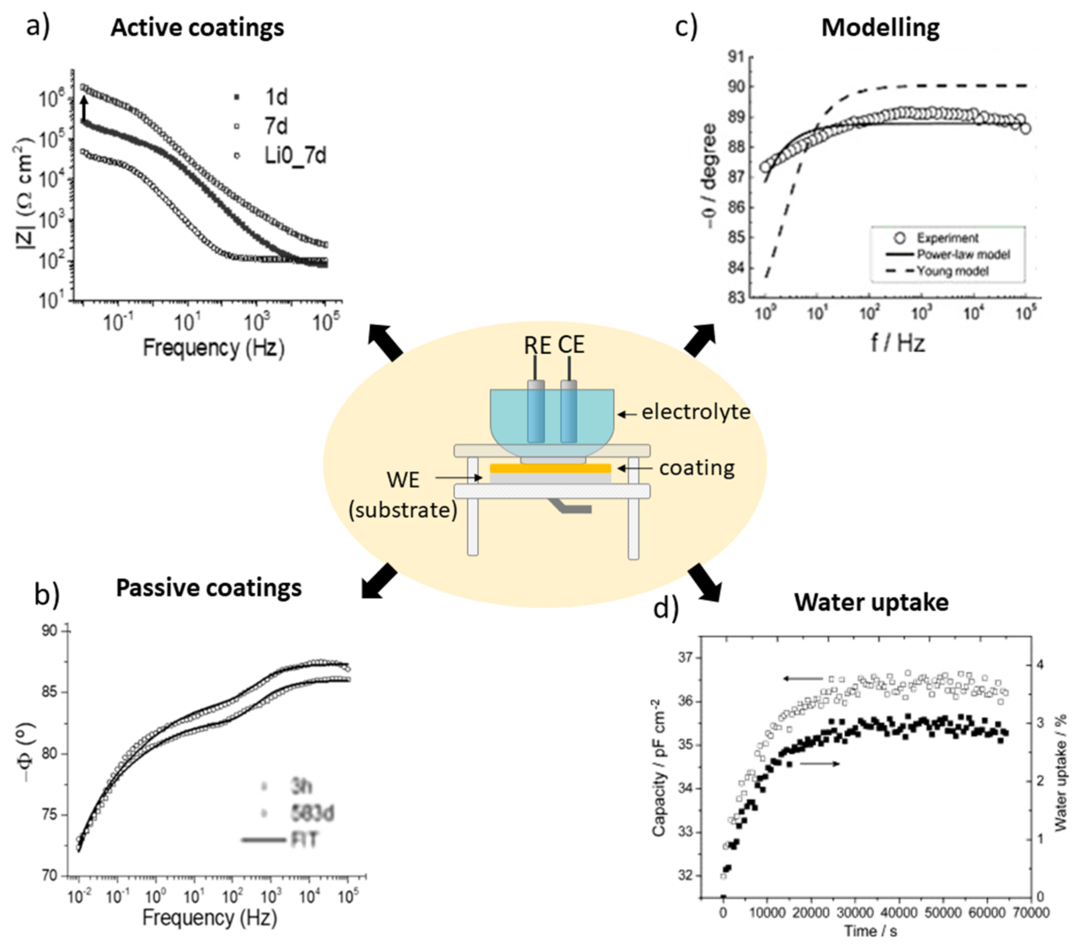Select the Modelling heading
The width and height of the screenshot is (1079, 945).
coord(880,28)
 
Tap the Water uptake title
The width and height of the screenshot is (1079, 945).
coord(872,602)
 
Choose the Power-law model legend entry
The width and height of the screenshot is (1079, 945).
coord(963,254)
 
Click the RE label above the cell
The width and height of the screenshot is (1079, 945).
coord(537,345)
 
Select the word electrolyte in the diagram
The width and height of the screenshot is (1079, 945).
coord(695,412)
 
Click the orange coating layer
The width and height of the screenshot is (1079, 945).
coord(550,468)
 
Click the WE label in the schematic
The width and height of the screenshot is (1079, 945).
coord(403,480)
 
